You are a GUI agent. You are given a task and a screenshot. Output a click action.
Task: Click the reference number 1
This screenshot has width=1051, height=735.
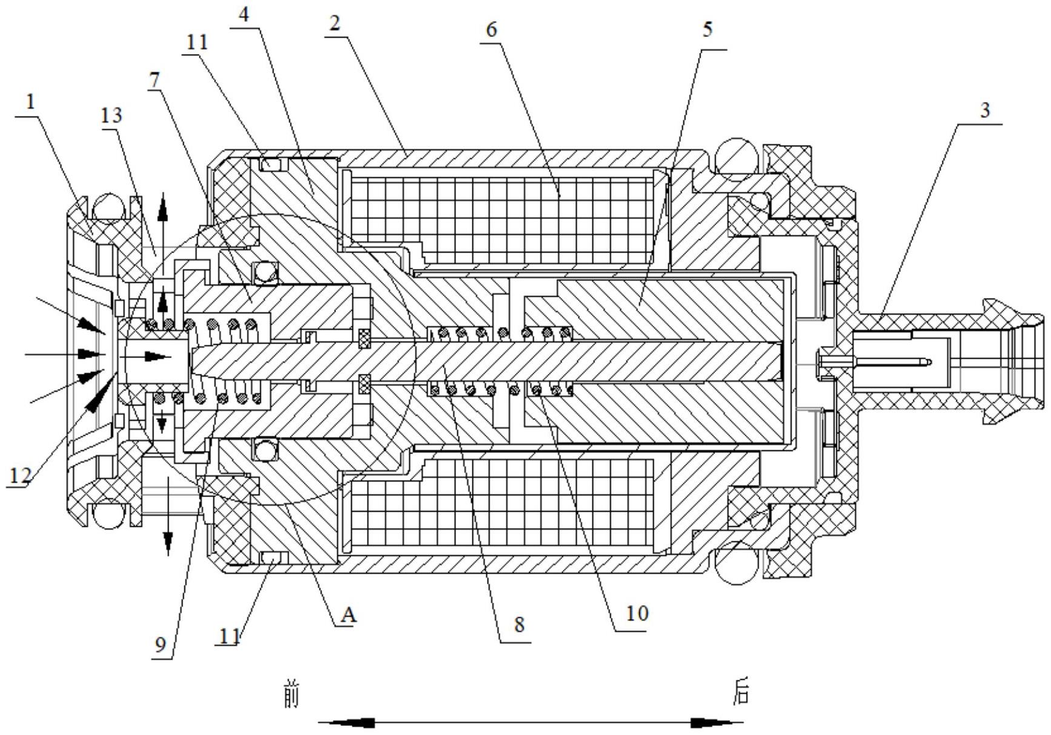(x=30, y=101)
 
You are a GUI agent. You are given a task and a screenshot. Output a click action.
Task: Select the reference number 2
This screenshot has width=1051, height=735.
(x=334, y=24)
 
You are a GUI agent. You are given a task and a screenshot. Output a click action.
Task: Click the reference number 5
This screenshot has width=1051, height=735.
(x=707, y=29)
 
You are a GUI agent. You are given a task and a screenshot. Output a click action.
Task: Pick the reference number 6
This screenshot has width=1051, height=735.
(x=491, y=29)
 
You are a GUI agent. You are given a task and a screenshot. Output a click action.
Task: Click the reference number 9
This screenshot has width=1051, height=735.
(x=160, y=645)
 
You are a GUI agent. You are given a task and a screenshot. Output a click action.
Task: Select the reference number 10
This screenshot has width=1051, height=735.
(x=637, y=614)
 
